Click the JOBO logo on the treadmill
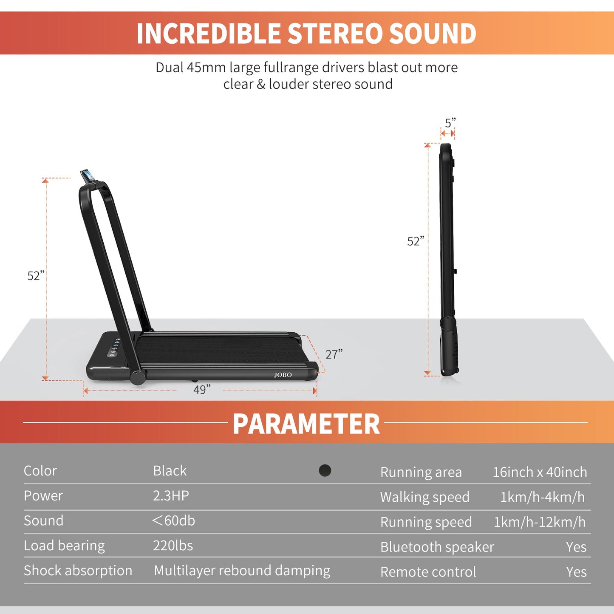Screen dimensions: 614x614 pos(283,375)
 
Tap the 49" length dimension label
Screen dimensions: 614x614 pos(202,390)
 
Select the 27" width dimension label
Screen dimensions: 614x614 pos(334,354)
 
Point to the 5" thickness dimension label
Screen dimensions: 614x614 pos(450,123)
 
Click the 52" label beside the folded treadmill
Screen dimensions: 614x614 pos(416,241)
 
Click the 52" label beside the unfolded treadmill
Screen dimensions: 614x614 pos(36,276)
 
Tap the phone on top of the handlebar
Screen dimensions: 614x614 pos(88,176)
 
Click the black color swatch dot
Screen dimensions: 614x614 pos(325,470)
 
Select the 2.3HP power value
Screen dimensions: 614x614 pos(171,495)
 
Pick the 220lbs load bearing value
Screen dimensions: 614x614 pos(173,546)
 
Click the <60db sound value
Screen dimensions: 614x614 pos(173,521)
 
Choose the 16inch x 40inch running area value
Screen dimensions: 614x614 pos(540,472)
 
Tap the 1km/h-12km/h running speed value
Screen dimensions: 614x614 pos(540,522)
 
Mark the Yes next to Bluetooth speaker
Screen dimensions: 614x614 pos(576,547)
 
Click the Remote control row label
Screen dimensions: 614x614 pos(428,572)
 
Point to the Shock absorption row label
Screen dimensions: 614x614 pos(78,570)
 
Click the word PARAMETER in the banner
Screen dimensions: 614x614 pos(306,424)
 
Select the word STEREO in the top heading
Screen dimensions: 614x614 pos(334,33)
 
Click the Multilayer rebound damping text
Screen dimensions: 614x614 pos(242,570)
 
